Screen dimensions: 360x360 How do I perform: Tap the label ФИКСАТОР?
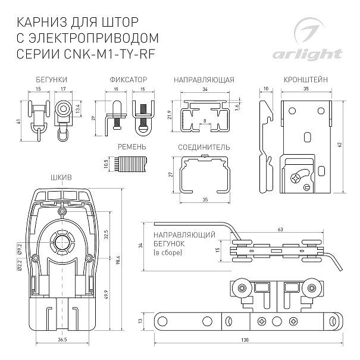click(126, 79)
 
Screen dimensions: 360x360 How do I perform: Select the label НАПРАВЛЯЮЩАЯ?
click(204, 79)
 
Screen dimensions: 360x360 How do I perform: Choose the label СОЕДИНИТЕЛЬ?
click(204, 146)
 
